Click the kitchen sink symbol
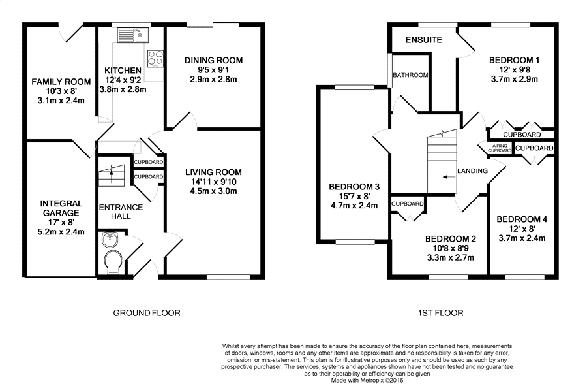pyautogui.click(x=133, y=35)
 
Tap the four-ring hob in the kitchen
pyautogui.click(x=156, y=59)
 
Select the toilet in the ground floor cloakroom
pyautogui.click(x=113, y=262)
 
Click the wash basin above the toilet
pyautogui.click(x=110, y=240)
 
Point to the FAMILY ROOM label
pyautogui.click(x=61, y=82)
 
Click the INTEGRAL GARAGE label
pyautogui.click(x=61, y=208)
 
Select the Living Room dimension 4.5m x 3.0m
pyautogui.click(x=213, y=191)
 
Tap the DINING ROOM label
pyautogui.click(x=214, y=60)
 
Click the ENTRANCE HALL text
pyautogui.click(x=121, y=212)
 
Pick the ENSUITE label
pyautogui.click(x=424, y=40)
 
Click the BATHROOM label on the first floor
pyautogui.click(x=410, y=75)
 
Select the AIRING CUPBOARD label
pyautogui.click(x=500, y=148)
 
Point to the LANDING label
pyautogui.click(x=472, y=171)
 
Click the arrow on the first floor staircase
pyautogui.click(x=446, y=177)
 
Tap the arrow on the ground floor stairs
pyautogui.click(x=111, y=171)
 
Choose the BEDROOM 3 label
pyautogui.click(x=354, y=187)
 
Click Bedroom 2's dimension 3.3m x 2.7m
pyautogui.click(x=450, y=258)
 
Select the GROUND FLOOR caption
pyautogui.click(x=147, y=313)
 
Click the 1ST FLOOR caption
pyautogui.click(x=440, y=313)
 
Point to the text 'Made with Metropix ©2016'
pyautogui.click(x=367, y=380)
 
